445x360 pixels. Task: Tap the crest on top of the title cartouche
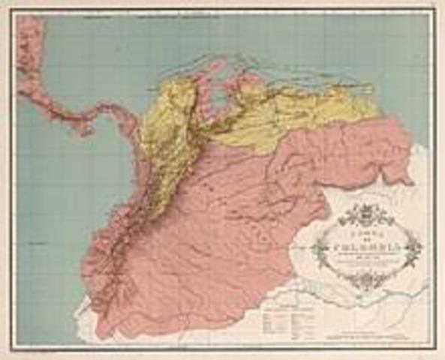pyautogui.click(x=365, y=214)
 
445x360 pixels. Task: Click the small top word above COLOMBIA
pyautogui.click(x=366, y=233)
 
